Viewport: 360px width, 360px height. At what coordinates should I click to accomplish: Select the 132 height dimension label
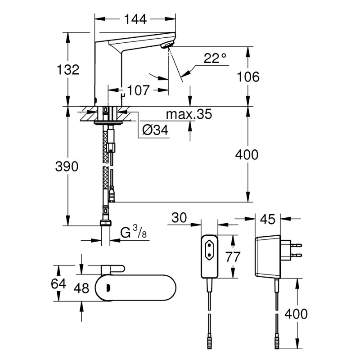(x=68, y=69)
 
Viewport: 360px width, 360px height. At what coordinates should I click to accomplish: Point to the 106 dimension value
(x=248, y=76)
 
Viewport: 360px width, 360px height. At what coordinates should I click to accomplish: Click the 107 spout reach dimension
(x=138, y=90)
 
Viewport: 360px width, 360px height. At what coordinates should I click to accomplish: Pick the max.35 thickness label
(x=189, y=114)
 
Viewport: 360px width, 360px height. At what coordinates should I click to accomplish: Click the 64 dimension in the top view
(x=59, y=284)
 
